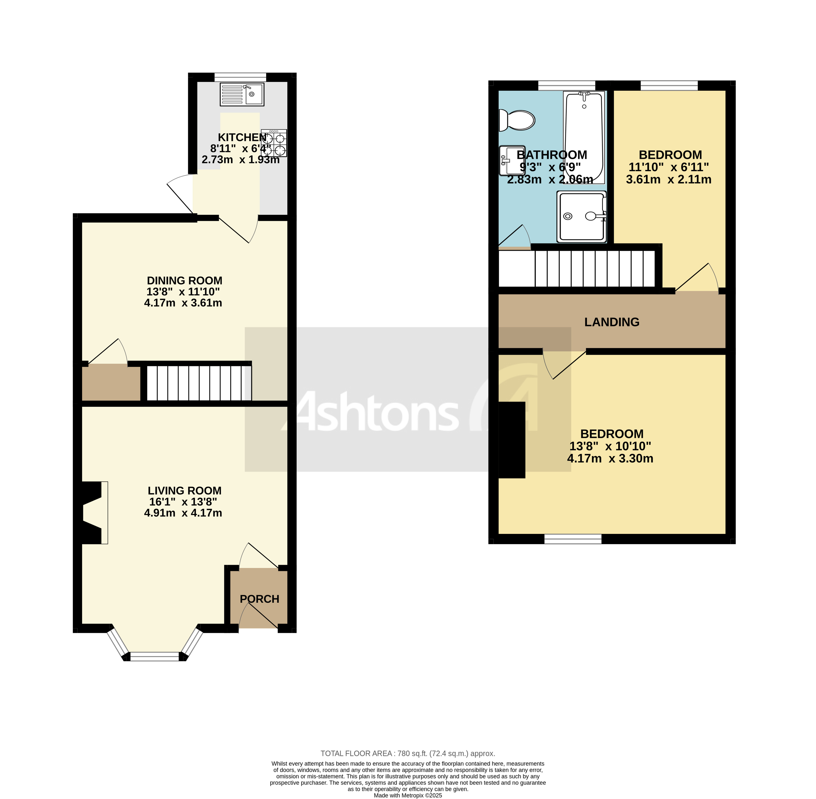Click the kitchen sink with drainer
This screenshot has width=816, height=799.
click(242, 94)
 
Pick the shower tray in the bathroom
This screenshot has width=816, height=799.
click(582, 216)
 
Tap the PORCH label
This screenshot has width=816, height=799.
click(259, 599)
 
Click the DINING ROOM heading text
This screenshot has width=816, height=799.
click(184, 280)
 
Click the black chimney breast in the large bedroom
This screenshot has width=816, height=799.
click(511, 440)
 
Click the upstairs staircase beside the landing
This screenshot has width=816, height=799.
click(594, 269)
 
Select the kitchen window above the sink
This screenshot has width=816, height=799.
click(240, 77)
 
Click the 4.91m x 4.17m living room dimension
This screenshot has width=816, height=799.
click(183, 513)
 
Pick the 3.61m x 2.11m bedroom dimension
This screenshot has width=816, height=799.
click(668, 180)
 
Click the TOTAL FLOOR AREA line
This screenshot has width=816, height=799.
click(407, 753)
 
